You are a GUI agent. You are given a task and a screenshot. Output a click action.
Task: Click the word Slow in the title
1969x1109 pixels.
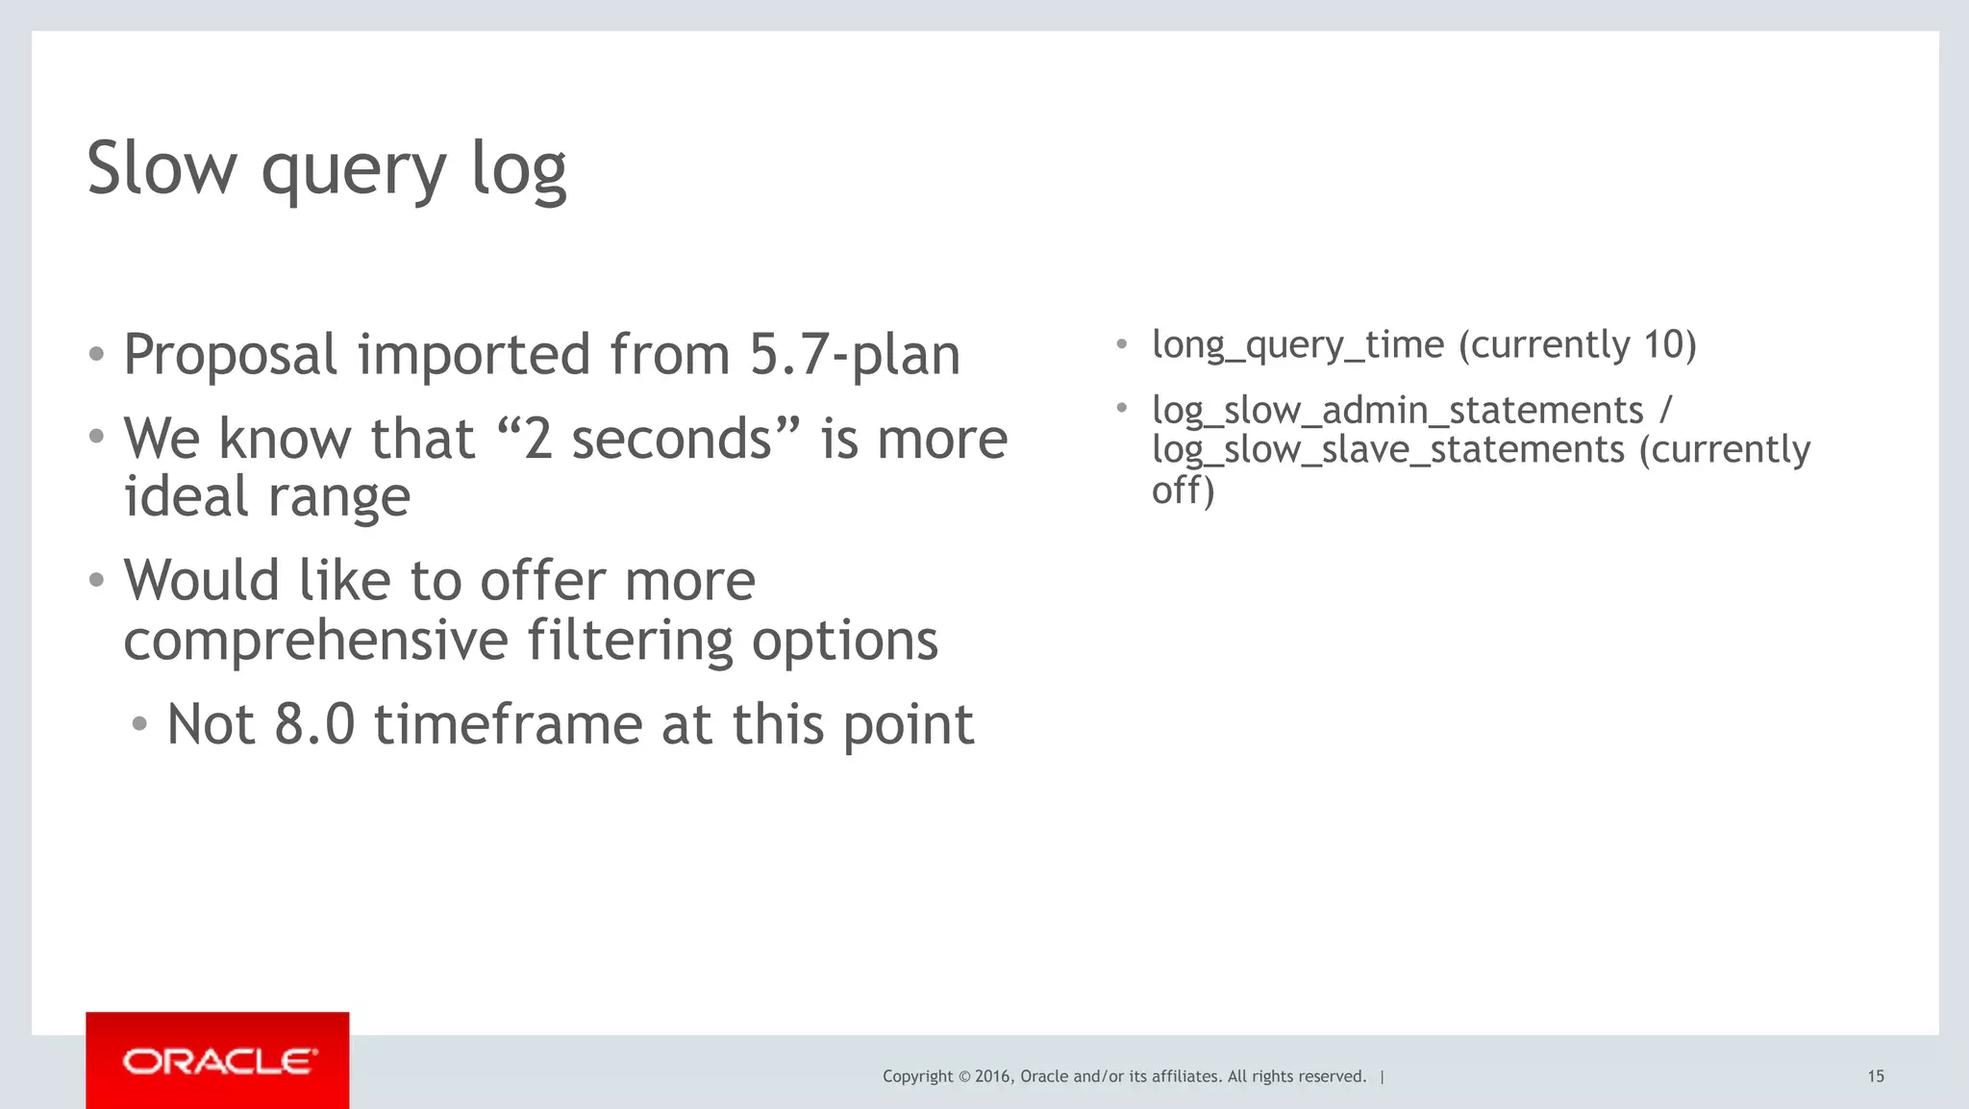pyautogui.click(x=162, y=167)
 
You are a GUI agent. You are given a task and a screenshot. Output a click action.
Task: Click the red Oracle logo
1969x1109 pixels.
pyautogui.click(x=217, y=1060)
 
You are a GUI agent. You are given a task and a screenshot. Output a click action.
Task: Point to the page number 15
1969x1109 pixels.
pyautogui.click(x=1875, y=1076)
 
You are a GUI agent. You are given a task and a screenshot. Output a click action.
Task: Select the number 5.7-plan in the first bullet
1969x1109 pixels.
pyautogui.click(x=854, y=355)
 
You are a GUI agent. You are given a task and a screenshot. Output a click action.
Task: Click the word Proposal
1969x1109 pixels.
pyautogui.click(x=230, y=355)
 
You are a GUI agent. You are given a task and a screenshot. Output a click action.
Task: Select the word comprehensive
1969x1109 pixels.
pyautogui.click(x=315, y=641)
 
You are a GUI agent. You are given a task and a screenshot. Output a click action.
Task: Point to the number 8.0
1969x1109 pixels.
pyautogui.click(x=314, y=724)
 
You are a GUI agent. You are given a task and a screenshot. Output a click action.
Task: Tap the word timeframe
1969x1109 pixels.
pyautogui.click(x=508, y=724)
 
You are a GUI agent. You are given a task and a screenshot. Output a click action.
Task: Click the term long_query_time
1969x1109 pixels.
pyautogui.click(x=1298, y=344)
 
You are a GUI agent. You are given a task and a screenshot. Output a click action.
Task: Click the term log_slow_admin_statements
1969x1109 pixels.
pyautogui.click(x=1398, y=411)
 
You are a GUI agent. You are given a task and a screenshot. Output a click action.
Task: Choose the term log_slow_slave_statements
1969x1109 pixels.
pyautogui.click(x=1388, y=450)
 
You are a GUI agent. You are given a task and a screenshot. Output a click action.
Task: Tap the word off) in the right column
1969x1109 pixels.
pyautogui.click(x=1183, y=491)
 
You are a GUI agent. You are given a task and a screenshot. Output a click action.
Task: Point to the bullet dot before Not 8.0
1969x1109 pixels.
pyautogui.click(x=140, y=724)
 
